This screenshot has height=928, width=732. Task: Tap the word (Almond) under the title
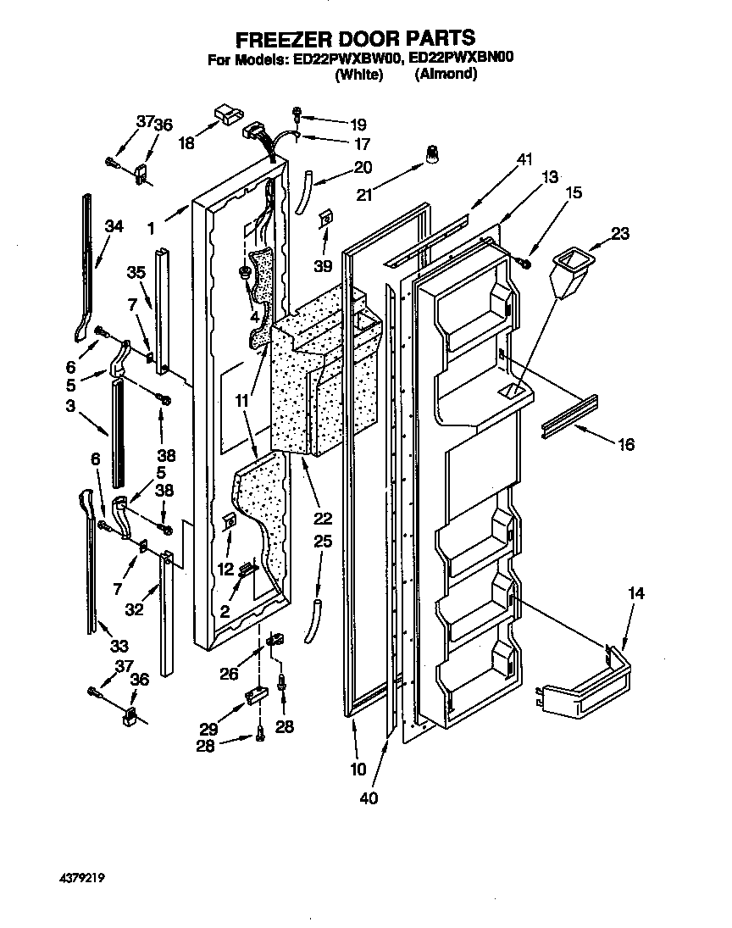point(446,75)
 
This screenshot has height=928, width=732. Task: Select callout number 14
point(635,596)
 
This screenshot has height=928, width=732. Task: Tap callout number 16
point(626,443)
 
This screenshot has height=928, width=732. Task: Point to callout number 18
point(186,143)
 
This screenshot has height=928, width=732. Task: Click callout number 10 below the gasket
point(358,770)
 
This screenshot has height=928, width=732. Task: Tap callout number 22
point(323,519)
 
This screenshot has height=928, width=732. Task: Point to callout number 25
point(322,541)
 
